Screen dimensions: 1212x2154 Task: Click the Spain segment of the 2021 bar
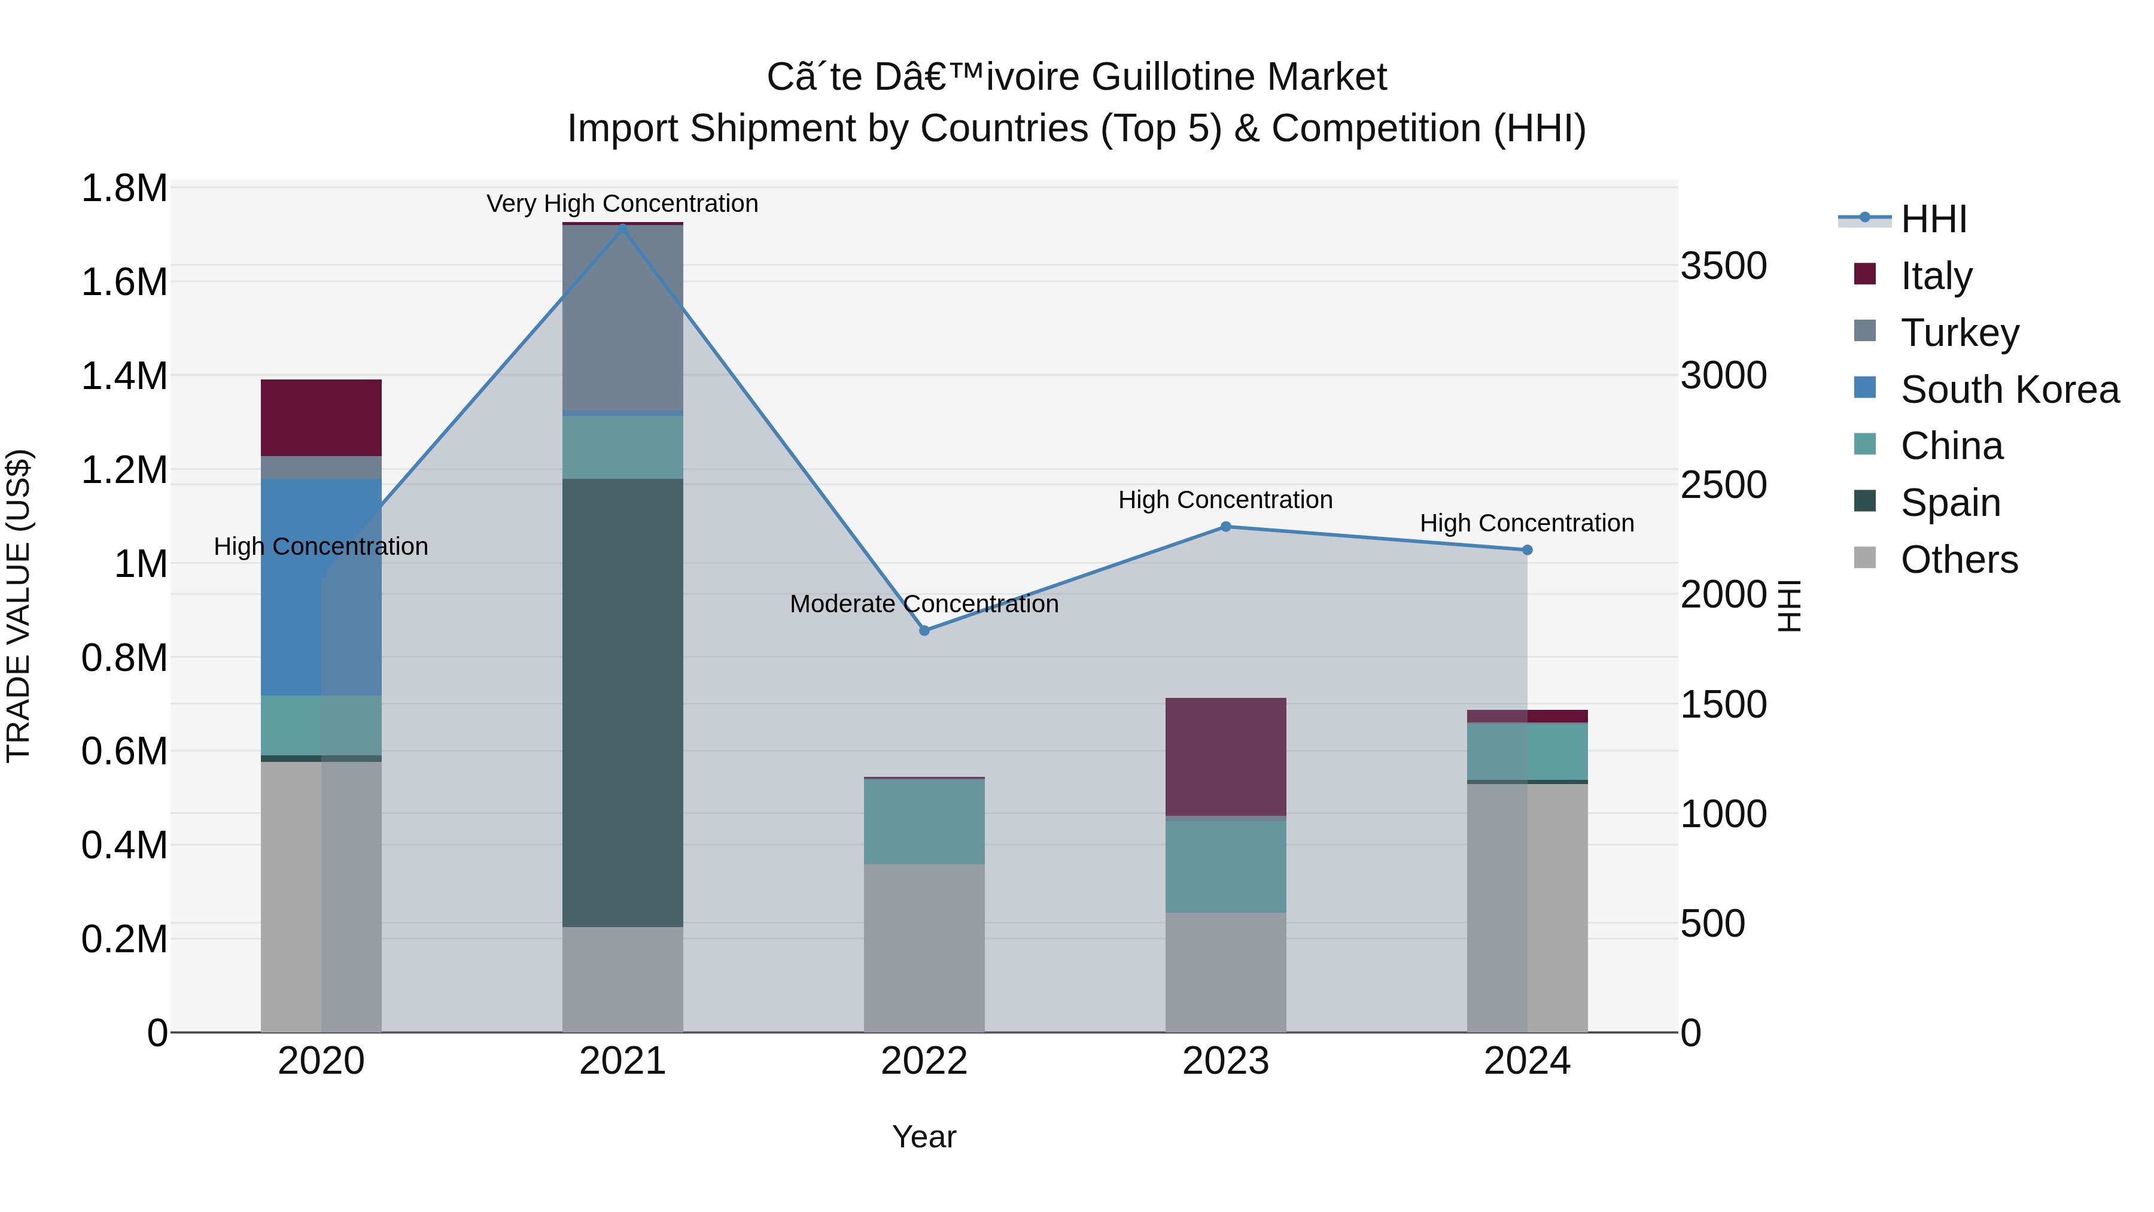[622, 703]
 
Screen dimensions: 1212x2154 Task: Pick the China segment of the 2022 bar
[924, 821]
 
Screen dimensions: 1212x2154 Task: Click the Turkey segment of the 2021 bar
[622, 318]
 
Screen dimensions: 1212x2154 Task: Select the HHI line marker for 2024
[1527, 549]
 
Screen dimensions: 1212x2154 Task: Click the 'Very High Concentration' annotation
[622, 203]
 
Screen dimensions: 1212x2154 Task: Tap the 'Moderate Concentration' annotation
[924, 603]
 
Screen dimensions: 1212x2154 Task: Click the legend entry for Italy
[1936, 275]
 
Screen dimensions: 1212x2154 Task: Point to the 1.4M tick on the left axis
[124, 375]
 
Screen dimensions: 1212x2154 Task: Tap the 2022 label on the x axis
[924, 1061]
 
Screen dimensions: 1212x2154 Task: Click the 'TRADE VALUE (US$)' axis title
[19, 606]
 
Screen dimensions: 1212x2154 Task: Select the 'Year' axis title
[924, 1136]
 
